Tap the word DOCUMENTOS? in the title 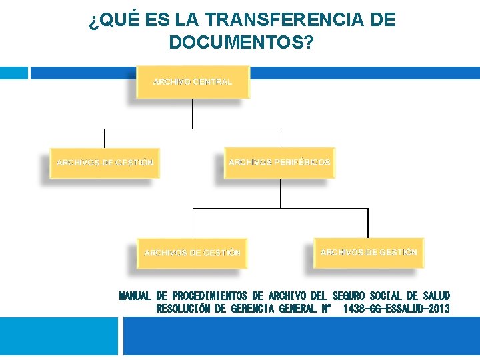click(x=241, y=43)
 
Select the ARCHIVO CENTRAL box click(x=193, y=82)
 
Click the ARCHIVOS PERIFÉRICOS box click(x=279, y=163)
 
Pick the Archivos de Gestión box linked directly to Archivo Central click(x=105, y=163)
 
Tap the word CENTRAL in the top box click(x=213, y=82)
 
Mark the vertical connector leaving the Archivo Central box click(x=192, y=113)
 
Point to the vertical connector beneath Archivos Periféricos click(x=280, y=193)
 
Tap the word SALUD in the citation click(x=436, y=295)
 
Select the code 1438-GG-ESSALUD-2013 click(x=396, y=309)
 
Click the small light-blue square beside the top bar click(x=13, y=72)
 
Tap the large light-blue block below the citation click(x=58, y=336)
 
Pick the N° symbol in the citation click(x=327, y=309)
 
